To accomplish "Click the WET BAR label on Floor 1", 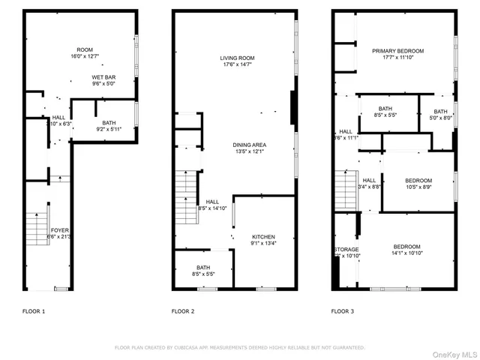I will [103, 77].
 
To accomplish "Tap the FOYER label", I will [59, 229].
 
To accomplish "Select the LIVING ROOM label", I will [238, 58].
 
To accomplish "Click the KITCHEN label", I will [263, 236].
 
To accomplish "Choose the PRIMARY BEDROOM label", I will [397, 51].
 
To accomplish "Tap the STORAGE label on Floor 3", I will [346, 249].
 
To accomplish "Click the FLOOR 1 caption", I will [33, 310].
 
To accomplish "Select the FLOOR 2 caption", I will [183, 310].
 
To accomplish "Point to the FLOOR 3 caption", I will [343, 310].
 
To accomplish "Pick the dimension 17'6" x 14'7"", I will [238, 65].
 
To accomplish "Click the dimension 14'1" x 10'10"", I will [407, 253].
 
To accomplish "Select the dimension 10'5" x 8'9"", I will [418, 187].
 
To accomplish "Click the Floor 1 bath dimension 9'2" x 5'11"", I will [109, 130].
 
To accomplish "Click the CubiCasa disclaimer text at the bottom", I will [240, 347].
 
